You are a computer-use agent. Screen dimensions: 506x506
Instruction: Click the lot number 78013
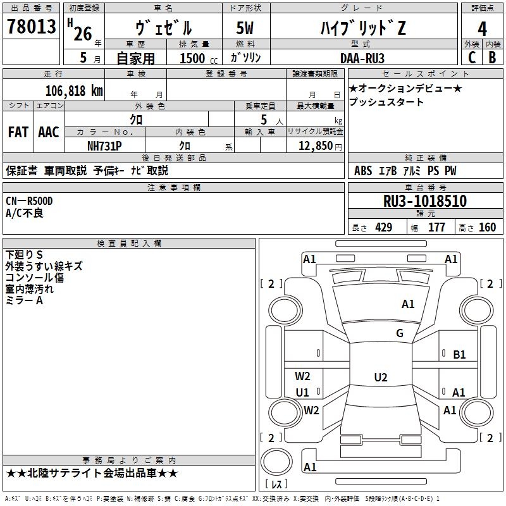31,27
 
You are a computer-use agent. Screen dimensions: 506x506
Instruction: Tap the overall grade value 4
482,29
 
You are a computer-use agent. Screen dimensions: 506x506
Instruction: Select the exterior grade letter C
472,58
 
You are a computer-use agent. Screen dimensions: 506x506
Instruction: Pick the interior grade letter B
492,58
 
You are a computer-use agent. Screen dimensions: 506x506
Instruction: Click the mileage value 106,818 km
74,91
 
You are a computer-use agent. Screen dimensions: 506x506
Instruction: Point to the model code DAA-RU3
362,58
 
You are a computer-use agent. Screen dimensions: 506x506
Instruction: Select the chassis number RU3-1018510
425,201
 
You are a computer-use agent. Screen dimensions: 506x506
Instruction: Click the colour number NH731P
104,146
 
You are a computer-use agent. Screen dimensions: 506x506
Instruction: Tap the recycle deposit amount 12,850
316,146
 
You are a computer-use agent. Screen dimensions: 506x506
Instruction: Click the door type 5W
245,28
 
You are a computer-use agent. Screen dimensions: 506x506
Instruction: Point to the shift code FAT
18,132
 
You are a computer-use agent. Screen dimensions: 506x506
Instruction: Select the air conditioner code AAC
49,132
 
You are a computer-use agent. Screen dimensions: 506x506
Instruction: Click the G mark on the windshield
400,333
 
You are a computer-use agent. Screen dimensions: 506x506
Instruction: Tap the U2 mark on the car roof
381,377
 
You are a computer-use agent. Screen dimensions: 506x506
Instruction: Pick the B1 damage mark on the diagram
459,355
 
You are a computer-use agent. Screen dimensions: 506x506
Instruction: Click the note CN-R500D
29,201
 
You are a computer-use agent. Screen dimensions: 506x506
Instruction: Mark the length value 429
384,228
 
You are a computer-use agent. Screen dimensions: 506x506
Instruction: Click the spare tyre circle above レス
276,449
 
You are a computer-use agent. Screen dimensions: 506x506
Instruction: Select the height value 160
487,228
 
